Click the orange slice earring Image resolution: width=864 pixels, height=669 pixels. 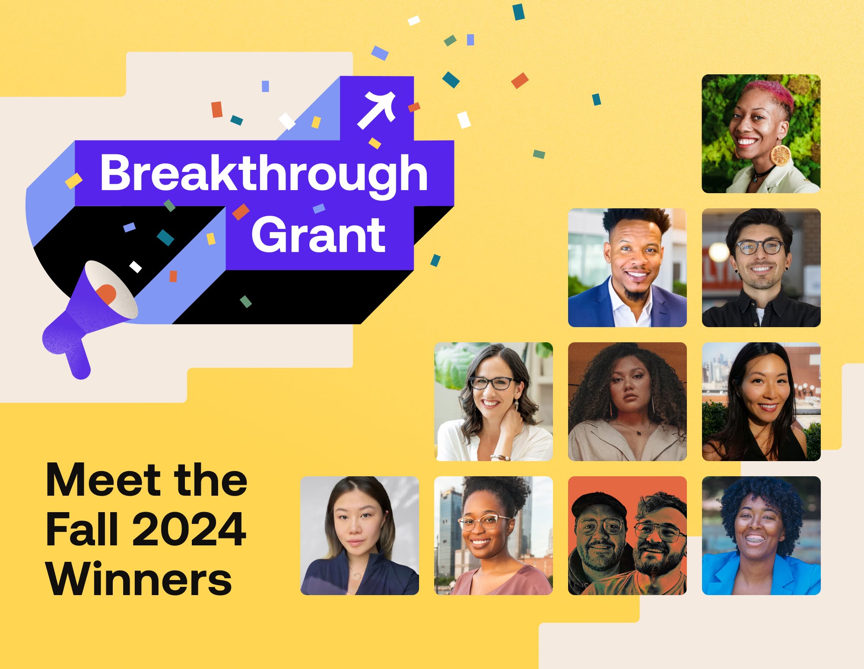pos(780,155)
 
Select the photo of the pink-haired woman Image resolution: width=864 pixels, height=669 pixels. pos(761,134)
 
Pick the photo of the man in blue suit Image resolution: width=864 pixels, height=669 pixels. pos(627,268)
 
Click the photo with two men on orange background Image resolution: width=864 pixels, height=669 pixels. pos(627,535)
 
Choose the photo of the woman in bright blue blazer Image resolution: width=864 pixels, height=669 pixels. pos(761,535)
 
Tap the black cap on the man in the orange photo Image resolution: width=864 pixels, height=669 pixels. pos(598,503)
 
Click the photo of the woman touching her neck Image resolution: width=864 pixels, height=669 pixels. pos(493,401)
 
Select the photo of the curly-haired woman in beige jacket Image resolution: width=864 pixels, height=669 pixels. pos(627,401)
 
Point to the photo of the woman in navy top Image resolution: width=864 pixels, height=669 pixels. pos(359,535)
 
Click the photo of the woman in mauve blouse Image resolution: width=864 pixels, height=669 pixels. pos(493,535)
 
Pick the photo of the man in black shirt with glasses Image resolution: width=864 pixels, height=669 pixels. pos(761,268)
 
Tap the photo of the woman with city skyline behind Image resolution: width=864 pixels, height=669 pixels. pos(761,401)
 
